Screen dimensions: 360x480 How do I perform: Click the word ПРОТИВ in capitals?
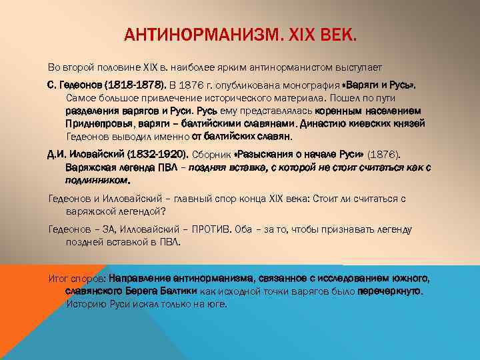[x=209, y=229]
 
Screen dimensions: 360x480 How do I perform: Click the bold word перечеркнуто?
[x=390, y=291]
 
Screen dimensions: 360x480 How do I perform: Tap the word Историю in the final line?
[x=84, y=304]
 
